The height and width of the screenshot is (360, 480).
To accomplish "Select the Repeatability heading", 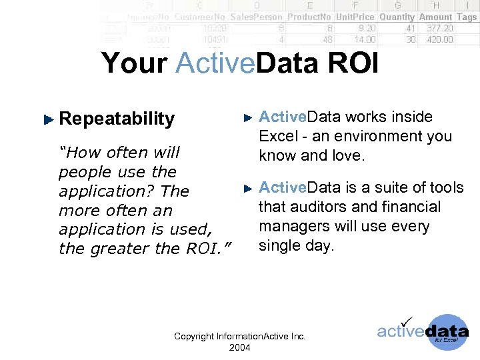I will pyautogui.click(x=117, y=119).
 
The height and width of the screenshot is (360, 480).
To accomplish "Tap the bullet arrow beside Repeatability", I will pyautogui.click(x=47, y=119).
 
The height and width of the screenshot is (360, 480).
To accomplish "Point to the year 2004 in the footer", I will pyautogui.click(x=239, y=347).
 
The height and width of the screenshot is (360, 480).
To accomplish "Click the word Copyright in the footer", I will pyautogui.click(x=194, y=337).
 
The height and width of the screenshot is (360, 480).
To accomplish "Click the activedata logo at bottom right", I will pyautogui.click(x=423, y=332).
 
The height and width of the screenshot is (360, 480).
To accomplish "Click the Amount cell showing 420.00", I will pyautogui.click(x=439, y=39).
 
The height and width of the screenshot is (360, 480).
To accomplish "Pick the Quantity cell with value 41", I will pyautogui.click(x=410, y=28).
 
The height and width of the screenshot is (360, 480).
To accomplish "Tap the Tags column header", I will pyautogui.click(x=467, y=17).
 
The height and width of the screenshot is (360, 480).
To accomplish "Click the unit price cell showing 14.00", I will pyautogui.click(x=365, y=39).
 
